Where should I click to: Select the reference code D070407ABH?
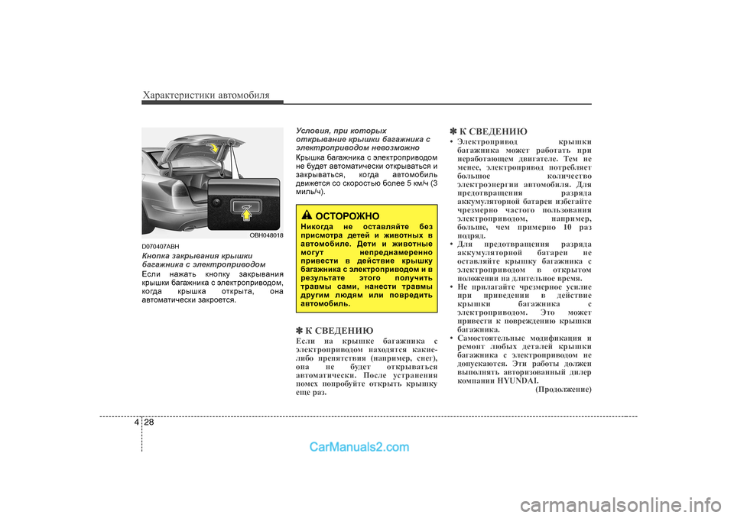[x=161, y=246]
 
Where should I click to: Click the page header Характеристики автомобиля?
[x=206, y=95]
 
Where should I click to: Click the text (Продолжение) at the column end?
[x=563, y=390]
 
